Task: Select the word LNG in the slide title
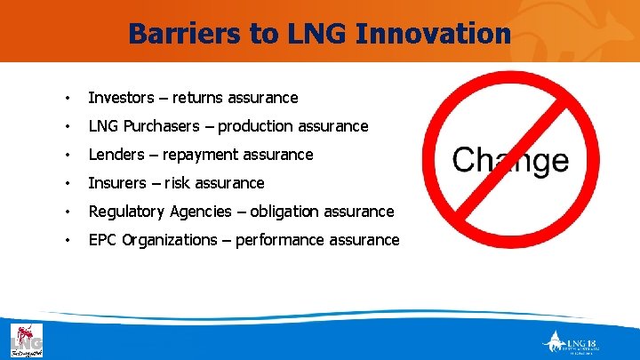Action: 312,34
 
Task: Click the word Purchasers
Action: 163,126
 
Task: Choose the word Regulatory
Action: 126,212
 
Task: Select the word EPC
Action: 103,240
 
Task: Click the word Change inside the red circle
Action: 510,160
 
